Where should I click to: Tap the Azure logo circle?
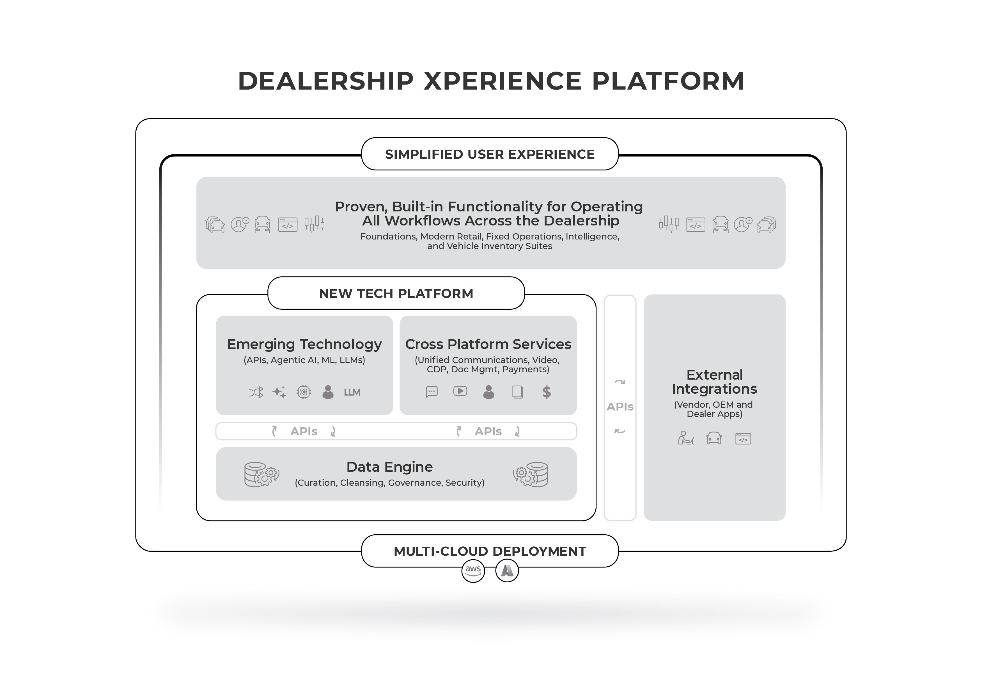click(x=507, y=571)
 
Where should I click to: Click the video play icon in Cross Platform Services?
click(x=460, y=391)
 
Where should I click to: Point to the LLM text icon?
click(x=352, y=392)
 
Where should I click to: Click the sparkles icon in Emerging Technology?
click(x=280, y=392)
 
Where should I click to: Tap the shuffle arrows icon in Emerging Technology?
click(x=256, y=392)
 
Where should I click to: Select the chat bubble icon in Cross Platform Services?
click(x=432, y=392)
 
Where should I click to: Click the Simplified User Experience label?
click(x=490, y=154)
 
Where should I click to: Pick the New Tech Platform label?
click(x=396, y=294)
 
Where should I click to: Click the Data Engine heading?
click(x=389, y=467)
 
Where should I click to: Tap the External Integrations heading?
click(x=714, y=382)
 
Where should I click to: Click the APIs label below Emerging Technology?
click(x=304, y=432)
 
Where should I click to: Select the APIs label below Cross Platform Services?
click(x=488, y=432)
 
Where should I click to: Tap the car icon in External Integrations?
click(x=714, y=439)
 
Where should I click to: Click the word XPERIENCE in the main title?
click(x=503, y=81)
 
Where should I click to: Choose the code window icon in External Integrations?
click(x=743, y=439)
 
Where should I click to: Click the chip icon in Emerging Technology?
click(x=304, y=392)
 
